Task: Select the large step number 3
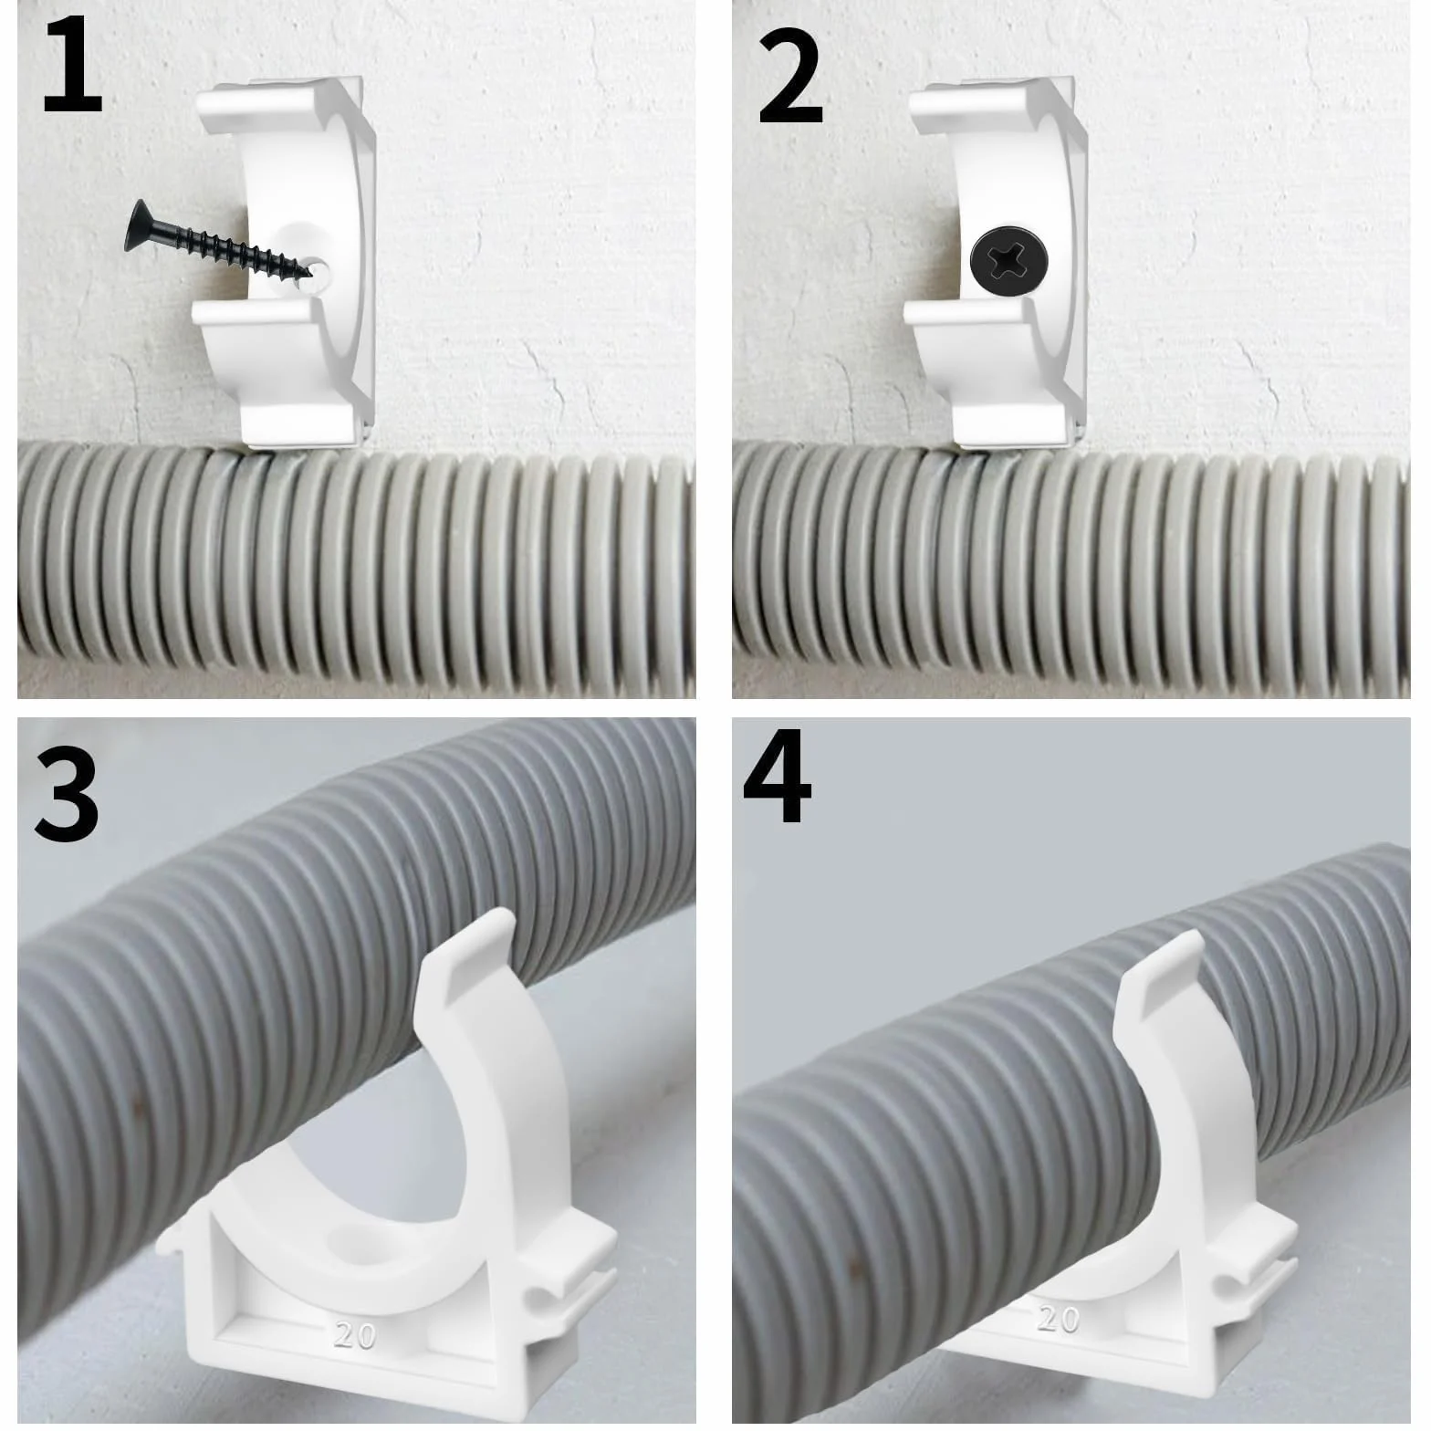point(66,789)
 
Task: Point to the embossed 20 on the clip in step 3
point(355,1335)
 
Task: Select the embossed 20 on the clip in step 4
point(1058,1318)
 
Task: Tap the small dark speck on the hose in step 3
point(137,1106)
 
